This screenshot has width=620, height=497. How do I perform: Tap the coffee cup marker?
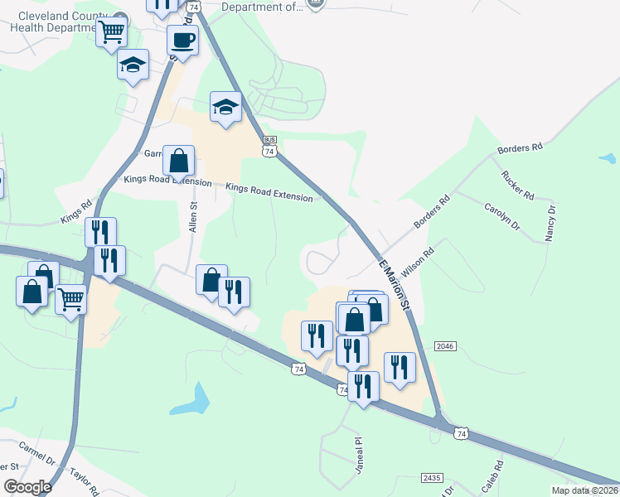click(182, 39)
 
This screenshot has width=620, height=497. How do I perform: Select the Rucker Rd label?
click(518, 185)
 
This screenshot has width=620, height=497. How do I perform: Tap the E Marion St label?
click(395, 284)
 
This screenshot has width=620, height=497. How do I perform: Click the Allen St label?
click(194, 216)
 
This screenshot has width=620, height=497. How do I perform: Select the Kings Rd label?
click(75, 213)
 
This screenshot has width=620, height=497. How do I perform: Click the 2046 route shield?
click(444, 345)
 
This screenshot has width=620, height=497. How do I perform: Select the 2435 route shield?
click(432, 478)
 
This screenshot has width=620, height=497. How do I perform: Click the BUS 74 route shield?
click(269, 146)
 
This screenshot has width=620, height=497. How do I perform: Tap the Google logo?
click(27, 486)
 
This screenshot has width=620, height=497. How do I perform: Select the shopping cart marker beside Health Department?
click(110, 34)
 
